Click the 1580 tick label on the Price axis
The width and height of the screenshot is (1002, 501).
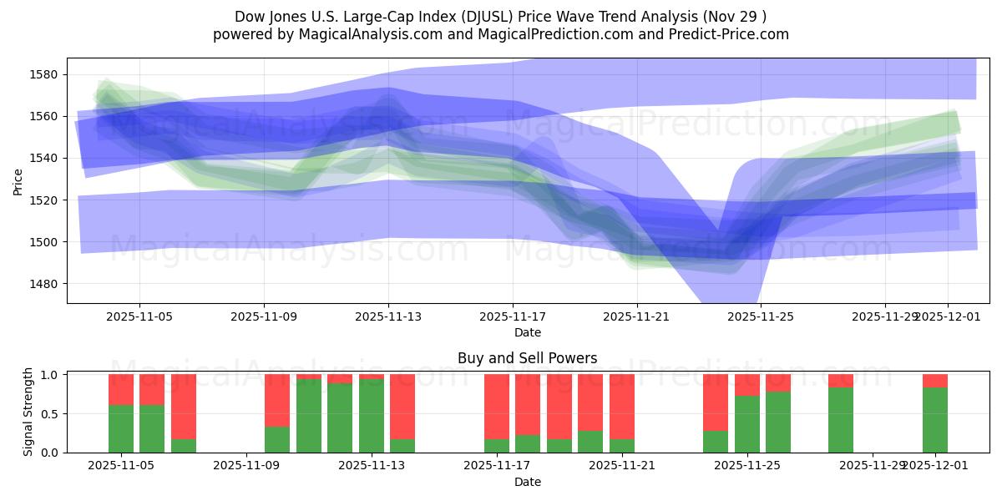coord(43,74)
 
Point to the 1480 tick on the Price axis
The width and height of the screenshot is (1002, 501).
coord(43,284)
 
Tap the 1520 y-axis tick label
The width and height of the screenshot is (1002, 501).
coord(43,200)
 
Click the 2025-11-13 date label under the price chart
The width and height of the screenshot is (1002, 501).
coord(388,317)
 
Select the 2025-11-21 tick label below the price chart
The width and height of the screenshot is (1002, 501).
coord(637,317)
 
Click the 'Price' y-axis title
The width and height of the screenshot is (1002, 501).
coord(18,181)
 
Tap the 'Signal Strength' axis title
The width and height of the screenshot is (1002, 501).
coord(28,412)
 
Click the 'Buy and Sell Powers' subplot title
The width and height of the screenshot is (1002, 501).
coord(527,358)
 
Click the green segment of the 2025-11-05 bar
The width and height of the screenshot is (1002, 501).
coord(121,428)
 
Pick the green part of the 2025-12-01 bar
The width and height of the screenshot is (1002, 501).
coord(935,419)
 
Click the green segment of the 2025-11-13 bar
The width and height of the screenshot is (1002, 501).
coord(372,415)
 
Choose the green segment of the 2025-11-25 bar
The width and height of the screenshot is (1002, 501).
coord(747,423)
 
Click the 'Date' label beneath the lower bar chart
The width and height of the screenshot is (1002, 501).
coord(527,482)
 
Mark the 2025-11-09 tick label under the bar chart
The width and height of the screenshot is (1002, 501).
coord(248,466)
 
